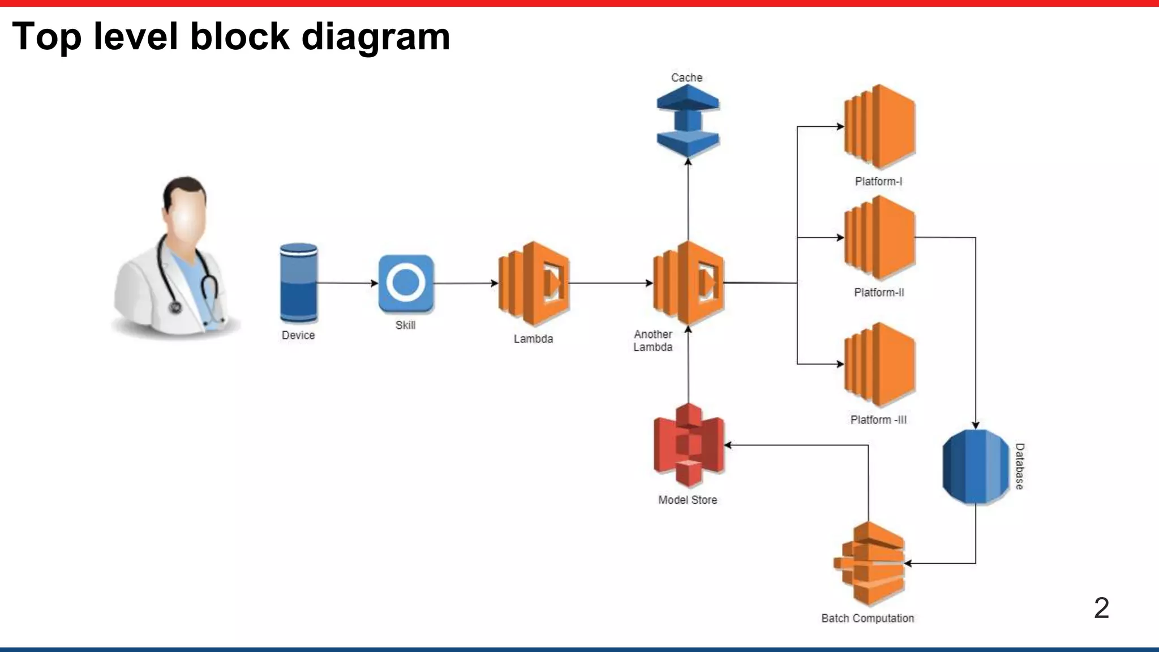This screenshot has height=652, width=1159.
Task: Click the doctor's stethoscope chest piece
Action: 175,307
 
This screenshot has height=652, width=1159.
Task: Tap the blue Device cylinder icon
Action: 299,283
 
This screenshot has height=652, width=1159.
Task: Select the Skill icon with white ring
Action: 406,283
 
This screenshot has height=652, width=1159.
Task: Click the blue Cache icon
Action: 688,121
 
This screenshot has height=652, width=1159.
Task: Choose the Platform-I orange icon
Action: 879,127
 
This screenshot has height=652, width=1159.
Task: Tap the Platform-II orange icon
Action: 879,238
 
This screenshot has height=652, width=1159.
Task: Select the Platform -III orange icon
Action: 879,364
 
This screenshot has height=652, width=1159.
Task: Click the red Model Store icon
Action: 688,445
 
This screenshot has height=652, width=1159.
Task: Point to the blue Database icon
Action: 975,466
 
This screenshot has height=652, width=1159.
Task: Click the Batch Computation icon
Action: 869,563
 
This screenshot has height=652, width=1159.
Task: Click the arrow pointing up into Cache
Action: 688,198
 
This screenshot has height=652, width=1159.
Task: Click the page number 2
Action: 1101,608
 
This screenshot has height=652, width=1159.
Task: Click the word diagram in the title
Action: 375,36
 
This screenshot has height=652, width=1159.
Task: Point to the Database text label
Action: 1019,466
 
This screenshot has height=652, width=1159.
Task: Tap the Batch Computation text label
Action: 868,619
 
